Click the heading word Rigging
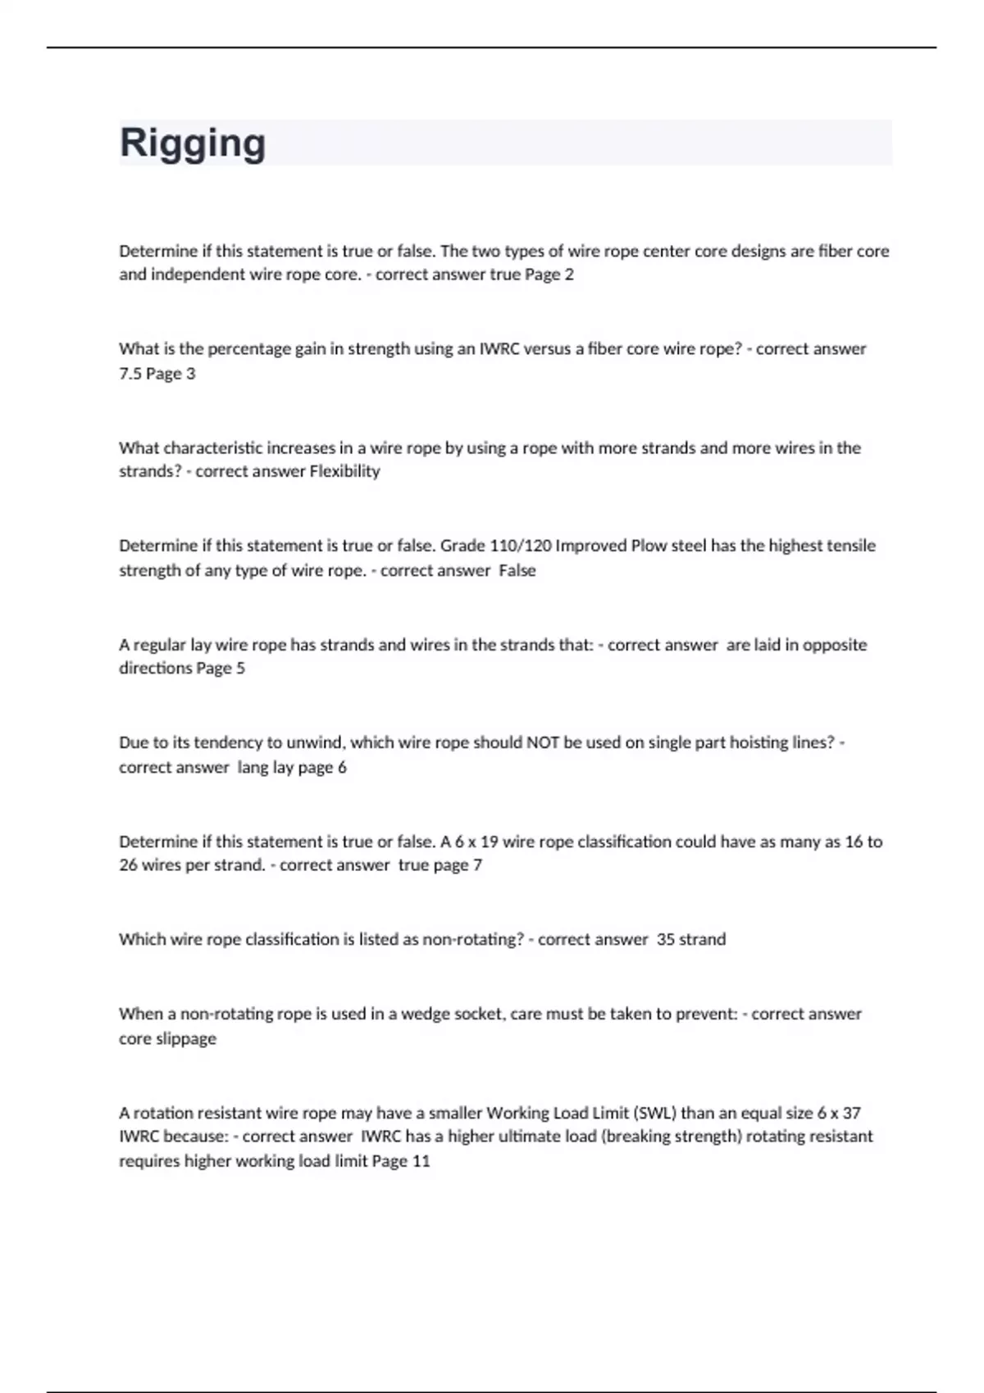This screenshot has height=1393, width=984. coord(193,143)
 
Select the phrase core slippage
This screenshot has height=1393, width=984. coord(168,1038)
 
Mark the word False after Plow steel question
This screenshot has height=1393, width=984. coord(517,570)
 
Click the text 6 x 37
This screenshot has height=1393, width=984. coord(839,1113)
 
